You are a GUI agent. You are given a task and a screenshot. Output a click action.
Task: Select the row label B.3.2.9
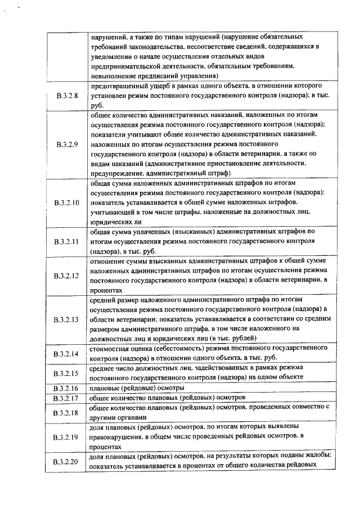point(66,144)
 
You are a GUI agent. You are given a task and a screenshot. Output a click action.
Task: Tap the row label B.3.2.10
point(67,202)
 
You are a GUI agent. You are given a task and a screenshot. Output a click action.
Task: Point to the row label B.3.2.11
point(67,241)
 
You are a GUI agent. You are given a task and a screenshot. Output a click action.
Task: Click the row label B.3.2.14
point(67,354)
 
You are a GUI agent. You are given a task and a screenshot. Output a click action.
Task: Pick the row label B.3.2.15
point(67,373)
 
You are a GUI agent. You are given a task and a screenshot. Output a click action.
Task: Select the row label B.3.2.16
point(67,388)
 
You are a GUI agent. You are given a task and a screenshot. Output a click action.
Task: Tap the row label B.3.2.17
point(67,398)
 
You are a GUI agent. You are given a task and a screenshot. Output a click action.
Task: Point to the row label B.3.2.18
point(67,413)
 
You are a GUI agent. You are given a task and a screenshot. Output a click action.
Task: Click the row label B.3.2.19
point(67,437)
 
